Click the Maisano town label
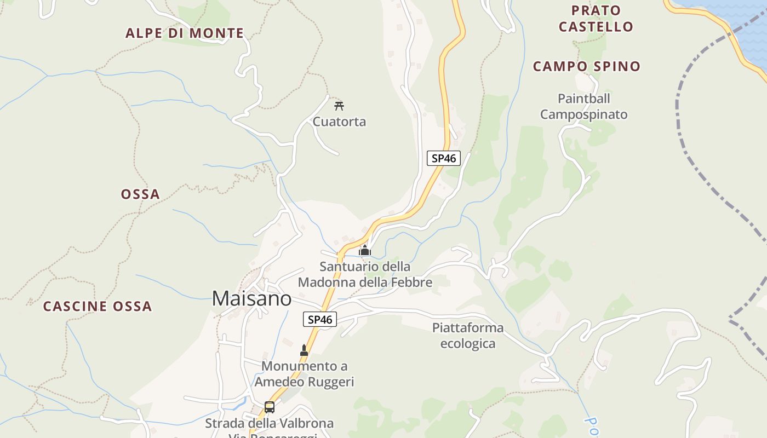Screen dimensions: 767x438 click(x=251, y=298)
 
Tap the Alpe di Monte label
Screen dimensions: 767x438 click(x=185, y=33)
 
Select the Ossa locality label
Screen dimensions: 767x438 click(x=140, y=194)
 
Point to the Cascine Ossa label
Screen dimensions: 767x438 click(x=98, y=306)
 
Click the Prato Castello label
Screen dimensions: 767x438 click(x=596, y=18)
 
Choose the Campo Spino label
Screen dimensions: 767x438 click(x=587, y=66)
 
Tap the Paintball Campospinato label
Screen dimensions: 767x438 click(x=583, y=106)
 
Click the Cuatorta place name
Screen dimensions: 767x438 click(x=339, y=122)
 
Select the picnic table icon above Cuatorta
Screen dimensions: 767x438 click(x=339, y=106)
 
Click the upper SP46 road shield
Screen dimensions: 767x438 click(x=444, y=158)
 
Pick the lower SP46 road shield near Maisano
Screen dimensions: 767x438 click(x=320, y=319)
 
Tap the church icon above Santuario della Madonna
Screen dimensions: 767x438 click(x=365, y=251)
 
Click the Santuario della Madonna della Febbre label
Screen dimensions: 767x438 click(x=365, y=274)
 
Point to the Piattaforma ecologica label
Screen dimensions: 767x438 click(x=468, y=335)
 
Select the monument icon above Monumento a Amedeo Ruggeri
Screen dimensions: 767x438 click(x=304, y=350)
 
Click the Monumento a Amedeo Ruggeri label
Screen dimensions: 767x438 click(x=304, y=373)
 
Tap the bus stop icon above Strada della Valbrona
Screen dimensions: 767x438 click(x=269, y=407)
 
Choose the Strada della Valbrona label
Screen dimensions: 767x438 click(x=269, y=423)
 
